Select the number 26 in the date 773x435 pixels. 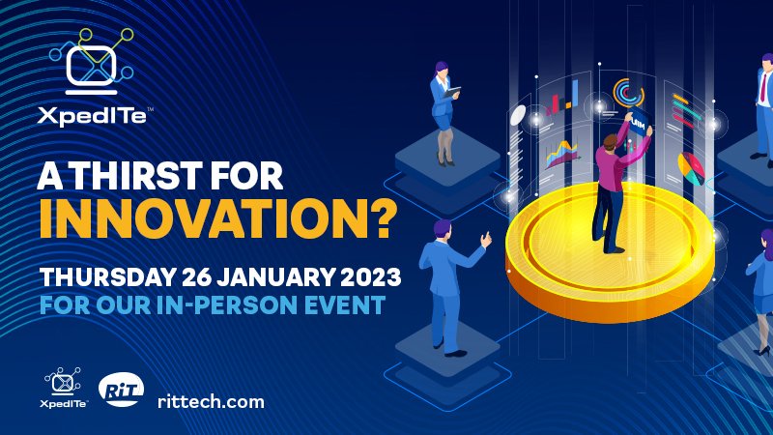[197, 276]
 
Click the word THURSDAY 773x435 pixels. [107, 276]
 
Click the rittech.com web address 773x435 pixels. [211, 401]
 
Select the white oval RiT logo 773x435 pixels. [122, 390]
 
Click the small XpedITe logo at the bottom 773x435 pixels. [63, 388]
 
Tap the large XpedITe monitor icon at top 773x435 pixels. [92, 61]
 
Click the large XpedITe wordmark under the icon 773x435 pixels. [94, 116]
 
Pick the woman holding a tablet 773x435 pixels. [444, 113]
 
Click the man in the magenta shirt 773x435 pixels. [620, 183]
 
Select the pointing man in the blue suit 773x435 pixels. [451, 288]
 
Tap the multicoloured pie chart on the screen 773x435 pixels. [691, 168]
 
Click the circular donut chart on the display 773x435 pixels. [628, 92]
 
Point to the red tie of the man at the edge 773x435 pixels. [763, 87]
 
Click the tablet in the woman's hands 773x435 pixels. [452, 92]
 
